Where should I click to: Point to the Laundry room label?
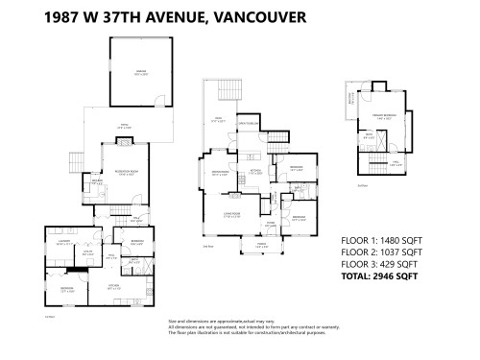64,243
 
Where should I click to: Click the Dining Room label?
219,173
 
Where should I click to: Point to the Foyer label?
270,226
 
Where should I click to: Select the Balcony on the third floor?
352,97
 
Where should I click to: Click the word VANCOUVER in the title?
252,15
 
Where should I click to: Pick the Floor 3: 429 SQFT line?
378,264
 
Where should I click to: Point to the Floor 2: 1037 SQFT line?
380,252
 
